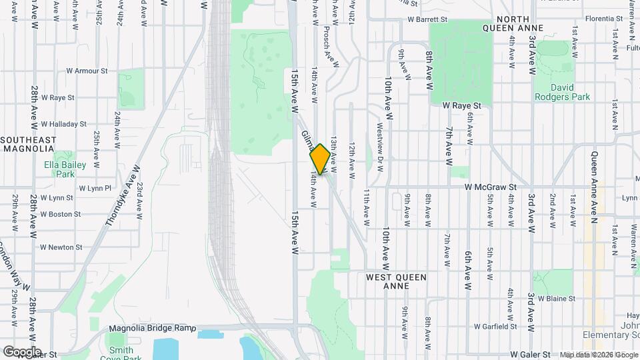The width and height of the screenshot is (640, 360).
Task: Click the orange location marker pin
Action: pos(320,159)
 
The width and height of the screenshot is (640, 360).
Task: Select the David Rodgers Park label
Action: pos(562,91)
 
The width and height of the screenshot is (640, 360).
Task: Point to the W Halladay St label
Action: pos(63,124)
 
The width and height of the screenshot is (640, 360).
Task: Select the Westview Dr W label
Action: pos(379,147)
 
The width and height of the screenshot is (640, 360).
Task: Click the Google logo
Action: pos(21,352)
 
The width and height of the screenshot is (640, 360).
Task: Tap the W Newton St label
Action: pos(61,247)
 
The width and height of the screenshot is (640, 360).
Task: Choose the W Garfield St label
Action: pos(496,327)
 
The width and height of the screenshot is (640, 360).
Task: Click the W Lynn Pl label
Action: pos(95,189)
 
